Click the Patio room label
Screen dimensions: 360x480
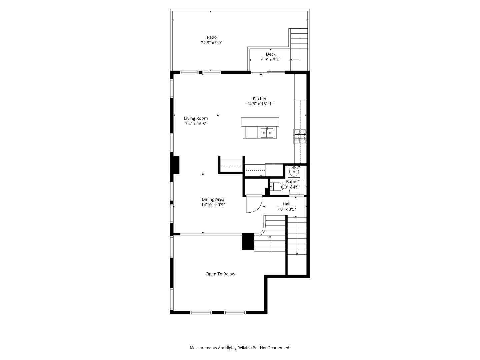[x=211, y=37]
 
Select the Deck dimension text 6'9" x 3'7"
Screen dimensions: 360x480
[x=270, y=60]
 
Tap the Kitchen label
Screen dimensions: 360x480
[x=260, y=98]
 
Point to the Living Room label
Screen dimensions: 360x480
[x=196, y=118]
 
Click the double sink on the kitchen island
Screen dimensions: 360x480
[x=267, y=133]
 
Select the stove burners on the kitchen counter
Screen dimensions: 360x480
[x=300, y=136]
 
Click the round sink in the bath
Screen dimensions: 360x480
[x=294, y=172]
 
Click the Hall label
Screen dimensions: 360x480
[x=286, y=204]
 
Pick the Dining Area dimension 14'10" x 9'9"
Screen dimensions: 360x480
[x=213, y=205]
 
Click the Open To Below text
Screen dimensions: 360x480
[x=220, y=274]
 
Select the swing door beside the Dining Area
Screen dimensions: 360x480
[x=253, y=204]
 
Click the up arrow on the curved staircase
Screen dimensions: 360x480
[x=270, y=237]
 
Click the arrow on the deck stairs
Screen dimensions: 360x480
[x=292, y=60]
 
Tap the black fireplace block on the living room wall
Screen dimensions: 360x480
[x=175, y=165]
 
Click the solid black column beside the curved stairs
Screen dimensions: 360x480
[x=248, y=241]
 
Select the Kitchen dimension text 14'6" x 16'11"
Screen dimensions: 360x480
[x=260, y=104]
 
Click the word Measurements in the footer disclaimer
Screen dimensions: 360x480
[x=203, y=348]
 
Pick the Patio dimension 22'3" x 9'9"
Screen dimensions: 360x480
[x=211, y=43]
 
